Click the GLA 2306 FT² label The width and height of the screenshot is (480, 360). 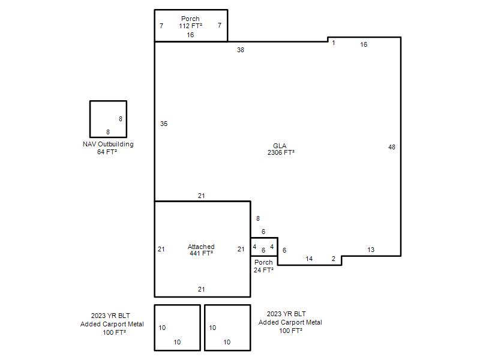pyautogui.click(x=281, y=149)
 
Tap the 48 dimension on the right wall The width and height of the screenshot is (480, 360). pyautogui.click(x=392, y=147)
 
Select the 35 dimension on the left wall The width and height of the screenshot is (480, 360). pyautogui.click(x=164, y=124)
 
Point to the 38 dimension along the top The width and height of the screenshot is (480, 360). pyautogui.click(x=241, y=50)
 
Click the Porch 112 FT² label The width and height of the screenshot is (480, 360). pyautogui.click(x=190, y=22)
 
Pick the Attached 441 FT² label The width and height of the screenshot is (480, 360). pyautogui.click(x=201, y=250)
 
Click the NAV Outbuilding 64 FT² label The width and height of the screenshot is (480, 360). pyautogui.click(x=108, y=148)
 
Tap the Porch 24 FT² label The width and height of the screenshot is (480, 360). pyautogui.click(x=263, y=266)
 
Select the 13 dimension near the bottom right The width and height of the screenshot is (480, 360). pyautogui.click(x=371, y=250)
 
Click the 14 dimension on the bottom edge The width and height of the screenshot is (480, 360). pyautogui.click(x=309, y=259)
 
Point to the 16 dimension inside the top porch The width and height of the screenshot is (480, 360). pyautogui.click(x=190, y=35)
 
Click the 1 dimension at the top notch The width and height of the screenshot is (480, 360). pyautogui.click(x=334, y=43)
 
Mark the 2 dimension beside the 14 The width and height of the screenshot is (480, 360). pyautogui.click(x=334, y=259)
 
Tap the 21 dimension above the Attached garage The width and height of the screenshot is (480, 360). pyautogui.click(x=201, y=196)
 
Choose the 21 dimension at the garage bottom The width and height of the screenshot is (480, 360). pyautogui.click(x=201, y=289)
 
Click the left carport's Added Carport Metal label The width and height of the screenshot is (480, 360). pyautogui.click(x=112, y=324)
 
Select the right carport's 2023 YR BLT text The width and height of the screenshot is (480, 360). pyautogui.click(x=286, y=314)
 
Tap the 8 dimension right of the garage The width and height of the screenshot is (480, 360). pyautogui.click(x=258, y=218)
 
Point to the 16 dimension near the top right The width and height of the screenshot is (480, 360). pyautogui.click(x=364, y=44)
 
